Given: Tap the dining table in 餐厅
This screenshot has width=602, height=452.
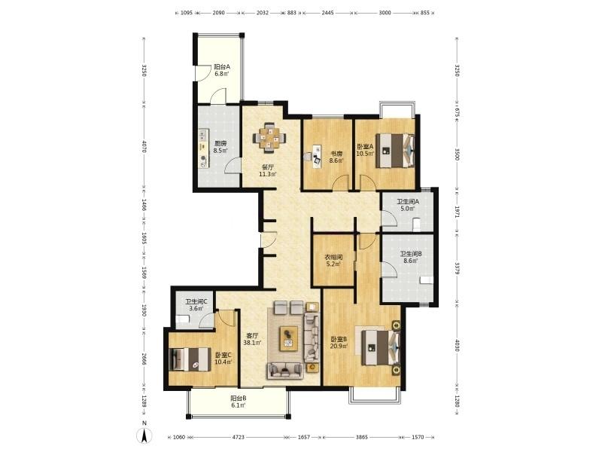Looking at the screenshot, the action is (269, 138).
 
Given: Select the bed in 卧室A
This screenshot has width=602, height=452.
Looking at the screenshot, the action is (395, 150).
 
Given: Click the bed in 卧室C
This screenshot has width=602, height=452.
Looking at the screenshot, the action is (190, 359).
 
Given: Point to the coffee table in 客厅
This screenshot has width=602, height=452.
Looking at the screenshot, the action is (289, 338).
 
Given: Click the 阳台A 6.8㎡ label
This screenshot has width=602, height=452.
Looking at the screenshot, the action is (222, 70).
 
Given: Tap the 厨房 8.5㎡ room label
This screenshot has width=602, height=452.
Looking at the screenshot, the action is (220, 147).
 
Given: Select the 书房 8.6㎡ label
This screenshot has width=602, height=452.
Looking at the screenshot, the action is (336, 157).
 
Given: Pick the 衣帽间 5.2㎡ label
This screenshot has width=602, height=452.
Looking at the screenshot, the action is (333, 261).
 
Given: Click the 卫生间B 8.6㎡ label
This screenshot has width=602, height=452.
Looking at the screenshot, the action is (411, 257).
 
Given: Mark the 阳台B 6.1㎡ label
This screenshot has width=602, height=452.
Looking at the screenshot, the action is (238, 402).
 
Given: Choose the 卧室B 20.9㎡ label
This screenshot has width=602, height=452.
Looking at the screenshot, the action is (339, 343).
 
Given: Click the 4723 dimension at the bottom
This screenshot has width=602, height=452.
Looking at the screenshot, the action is (239, 437).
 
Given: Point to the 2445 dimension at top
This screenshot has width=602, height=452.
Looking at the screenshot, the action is (327, 13).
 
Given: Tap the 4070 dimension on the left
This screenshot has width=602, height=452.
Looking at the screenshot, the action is (144, 146).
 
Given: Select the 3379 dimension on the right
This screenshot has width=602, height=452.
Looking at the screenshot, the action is (457, 269).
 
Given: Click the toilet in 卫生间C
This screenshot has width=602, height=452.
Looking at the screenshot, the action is (183, 319).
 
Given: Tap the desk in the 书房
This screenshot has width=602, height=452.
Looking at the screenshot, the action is (316, 156).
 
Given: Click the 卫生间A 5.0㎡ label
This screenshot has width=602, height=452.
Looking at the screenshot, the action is (408, 205).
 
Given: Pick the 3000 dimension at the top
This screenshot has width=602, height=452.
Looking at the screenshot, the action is (385, 13).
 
